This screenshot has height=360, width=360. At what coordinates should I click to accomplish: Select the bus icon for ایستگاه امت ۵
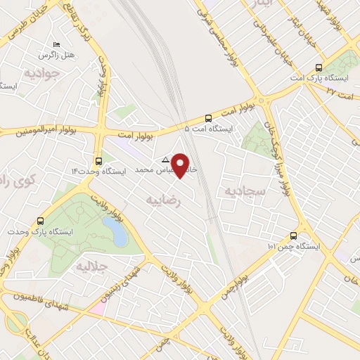[207, 118]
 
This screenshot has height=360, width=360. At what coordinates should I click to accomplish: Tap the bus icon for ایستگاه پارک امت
[319, 68]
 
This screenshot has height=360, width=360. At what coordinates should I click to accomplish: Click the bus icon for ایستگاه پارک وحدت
[40, 221]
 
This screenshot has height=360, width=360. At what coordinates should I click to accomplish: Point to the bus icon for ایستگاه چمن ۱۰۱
[293, 236]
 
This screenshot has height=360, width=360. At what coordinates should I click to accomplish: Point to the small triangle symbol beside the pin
[166, 159]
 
